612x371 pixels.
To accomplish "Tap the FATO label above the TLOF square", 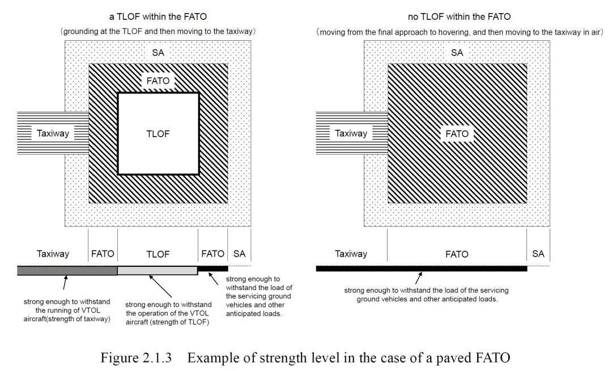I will coord(158,81).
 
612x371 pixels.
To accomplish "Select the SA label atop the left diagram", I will coord(158,53).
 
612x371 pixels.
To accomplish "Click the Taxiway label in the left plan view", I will coord(53,134).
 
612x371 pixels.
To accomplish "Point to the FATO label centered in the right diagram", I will coord(457,134).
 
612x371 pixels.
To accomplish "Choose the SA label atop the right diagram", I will coord(457,53).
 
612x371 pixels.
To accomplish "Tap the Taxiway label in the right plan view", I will coord(351,134).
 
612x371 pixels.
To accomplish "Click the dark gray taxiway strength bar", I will coord(67,271).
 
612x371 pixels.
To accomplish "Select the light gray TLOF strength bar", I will coord(158,271).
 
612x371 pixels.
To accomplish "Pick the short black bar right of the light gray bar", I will coord(212,268).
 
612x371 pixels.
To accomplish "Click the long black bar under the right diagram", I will coord(422,268).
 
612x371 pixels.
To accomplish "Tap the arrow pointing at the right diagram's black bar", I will coord(419,278).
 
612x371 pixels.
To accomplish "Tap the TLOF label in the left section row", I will coord(158,254).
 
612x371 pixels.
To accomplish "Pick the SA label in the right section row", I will coord(538,254).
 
